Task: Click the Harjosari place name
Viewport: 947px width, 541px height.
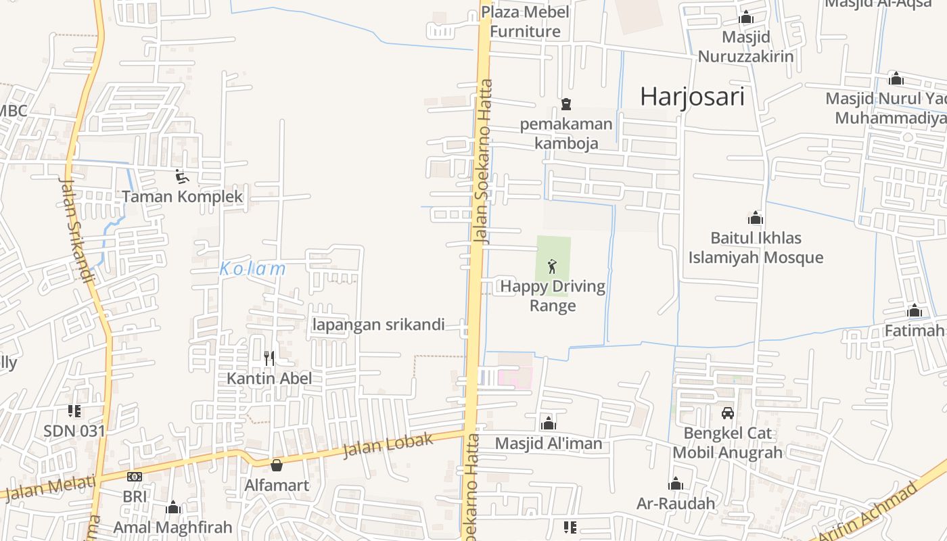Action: [692, 97]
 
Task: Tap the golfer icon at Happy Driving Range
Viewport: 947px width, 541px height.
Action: [553, 266]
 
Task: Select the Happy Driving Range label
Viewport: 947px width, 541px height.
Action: [553, 296]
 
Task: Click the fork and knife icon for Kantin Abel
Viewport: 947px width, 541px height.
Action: [269, 358]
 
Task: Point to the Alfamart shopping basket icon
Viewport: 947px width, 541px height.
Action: [276, 465]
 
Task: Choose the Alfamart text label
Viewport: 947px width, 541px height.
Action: [276, 485]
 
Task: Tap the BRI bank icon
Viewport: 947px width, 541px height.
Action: [134, 477]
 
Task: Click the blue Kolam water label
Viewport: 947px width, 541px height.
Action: [252, 268]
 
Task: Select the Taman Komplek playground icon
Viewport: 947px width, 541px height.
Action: [181, 177]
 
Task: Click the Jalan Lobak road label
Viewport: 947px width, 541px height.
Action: [388, 446]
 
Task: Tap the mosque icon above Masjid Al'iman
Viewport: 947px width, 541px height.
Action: [548, 423]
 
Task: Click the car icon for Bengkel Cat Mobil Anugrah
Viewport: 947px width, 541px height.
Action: [728, 413]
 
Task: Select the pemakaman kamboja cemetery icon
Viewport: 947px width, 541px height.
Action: [565, 104]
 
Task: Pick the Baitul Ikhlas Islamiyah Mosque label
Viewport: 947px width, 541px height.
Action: [756, 248]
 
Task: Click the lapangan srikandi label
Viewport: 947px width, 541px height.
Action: [378, 325]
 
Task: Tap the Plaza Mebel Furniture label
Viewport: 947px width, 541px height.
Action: [525, 22]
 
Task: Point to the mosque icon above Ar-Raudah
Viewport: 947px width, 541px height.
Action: [675, 484]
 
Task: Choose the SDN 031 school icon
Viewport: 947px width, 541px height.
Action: [74, 410]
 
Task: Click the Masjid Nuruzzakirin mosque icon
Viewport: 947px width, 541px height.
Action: [746, 18]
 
